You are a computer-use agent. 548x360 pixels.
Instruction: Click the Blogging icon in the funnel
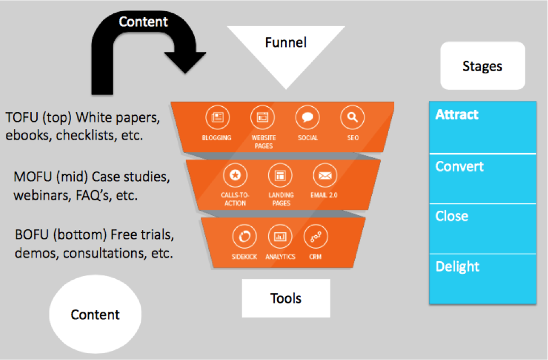point(217,118)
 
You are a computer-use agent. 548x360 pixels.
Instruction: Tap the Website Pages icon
point(262,118)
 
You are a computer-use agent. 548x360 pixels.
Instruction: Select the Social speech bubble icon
point(307,118)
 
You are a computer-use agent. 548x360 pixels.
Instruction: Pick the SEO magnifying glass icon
point(353,118)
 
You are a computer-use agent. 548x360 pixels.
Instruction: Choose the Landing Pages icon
point(280,175)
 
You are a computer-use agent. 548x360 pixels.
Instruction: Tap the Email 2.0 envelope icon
point(324,175)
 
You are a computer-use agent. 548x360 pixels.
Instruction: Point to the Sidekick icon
point(244,237)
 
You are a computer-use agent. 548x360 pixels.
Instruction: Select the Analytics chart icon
point(280,237)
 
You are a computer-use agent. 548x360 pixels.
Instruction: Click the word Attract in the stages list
point(457,115)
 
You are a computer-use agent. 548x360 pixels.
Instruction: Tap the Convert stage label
point(459,166)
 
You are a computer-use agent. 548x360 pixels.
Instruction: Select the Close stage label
point(452,216)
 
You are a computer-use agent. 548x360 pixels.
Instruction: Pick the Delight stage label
point(457,266)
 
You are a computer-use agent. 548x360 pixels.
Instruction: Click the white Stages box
point(482,66)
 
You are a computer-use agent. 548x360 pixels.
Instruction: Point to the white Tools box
point(286,298)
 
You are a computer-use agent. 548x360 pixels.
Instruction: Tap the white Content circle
point(96,314)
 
